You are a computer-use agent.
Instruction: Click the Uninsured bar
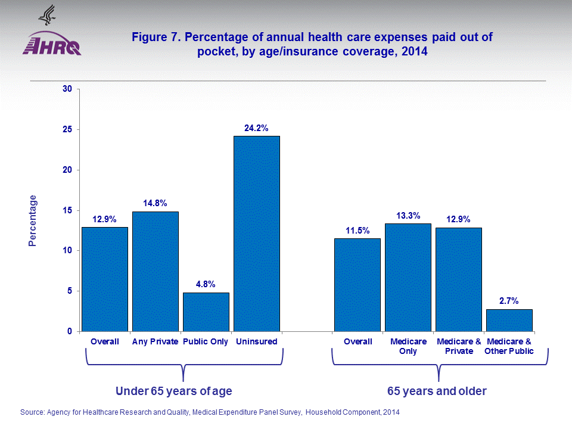(256, 234)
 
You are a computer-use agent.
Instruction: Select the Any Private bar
(155, 271)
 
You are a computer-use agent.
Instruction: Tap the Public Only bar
(206, 312)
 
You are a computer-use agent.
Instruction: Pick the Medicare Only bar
(408, 277)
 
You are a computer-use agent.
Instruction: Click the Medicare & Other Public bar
(509, 320)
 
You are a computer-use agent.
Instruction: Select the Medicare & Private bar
(459, 279)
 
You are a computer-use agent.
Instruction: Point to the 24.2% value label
(256, 128)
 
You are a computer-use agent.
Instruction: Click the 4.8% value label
(206, 284)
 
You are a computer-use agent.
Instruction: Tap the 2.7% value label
(509, 301)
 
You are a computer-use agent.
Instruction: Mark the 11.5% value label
(357, 230)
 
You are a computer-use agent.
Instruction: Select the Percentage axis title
(33, 221)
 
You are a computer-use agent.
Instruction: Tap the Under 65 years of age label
(173, 391)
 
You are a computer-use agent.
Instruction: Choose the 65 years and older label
(437, 391)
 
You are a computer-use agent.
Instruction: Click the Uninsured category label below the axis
(256, 341)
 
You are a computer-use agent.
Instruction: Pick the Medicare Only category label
(408, 346)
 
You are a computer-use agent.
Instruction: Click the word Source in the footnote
(33, 412)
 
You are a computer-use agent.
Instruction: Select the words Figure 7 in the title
(156, 38)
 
